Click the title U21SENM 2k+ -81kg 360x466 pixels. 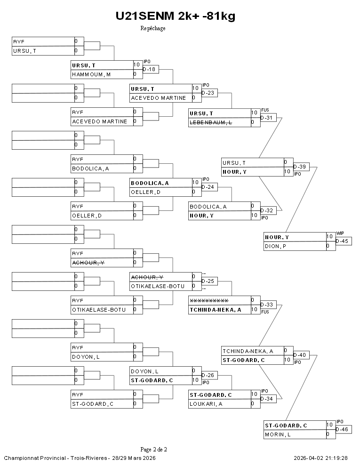pos(175,16)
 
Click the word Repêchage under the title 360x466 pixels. pos(153,28)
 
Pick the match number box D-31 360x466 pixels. pos(269,118)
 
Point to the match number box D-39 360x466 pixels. pos(302,167)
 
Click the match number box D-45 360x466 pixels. pos(344,241)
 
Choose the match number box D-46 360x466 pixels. pos(344,429)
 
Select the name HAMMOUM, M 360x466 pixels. pos(91,74)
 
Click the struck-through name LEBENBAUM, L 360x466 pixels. pos(210,122)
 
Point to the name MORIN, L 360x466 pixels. pos(278,434)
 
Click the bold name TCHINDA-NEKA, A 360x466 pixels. pos(215,310)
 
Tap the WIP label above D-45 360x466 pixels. pos(340,233)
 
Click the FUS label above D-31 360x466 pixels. pos(265,110)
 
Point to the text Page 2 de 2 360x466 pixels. pos(153,449)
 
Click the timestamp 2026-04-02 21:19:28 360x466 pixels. pos(320,458)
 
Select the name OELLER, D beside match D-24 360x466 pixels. pos(145,192)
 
